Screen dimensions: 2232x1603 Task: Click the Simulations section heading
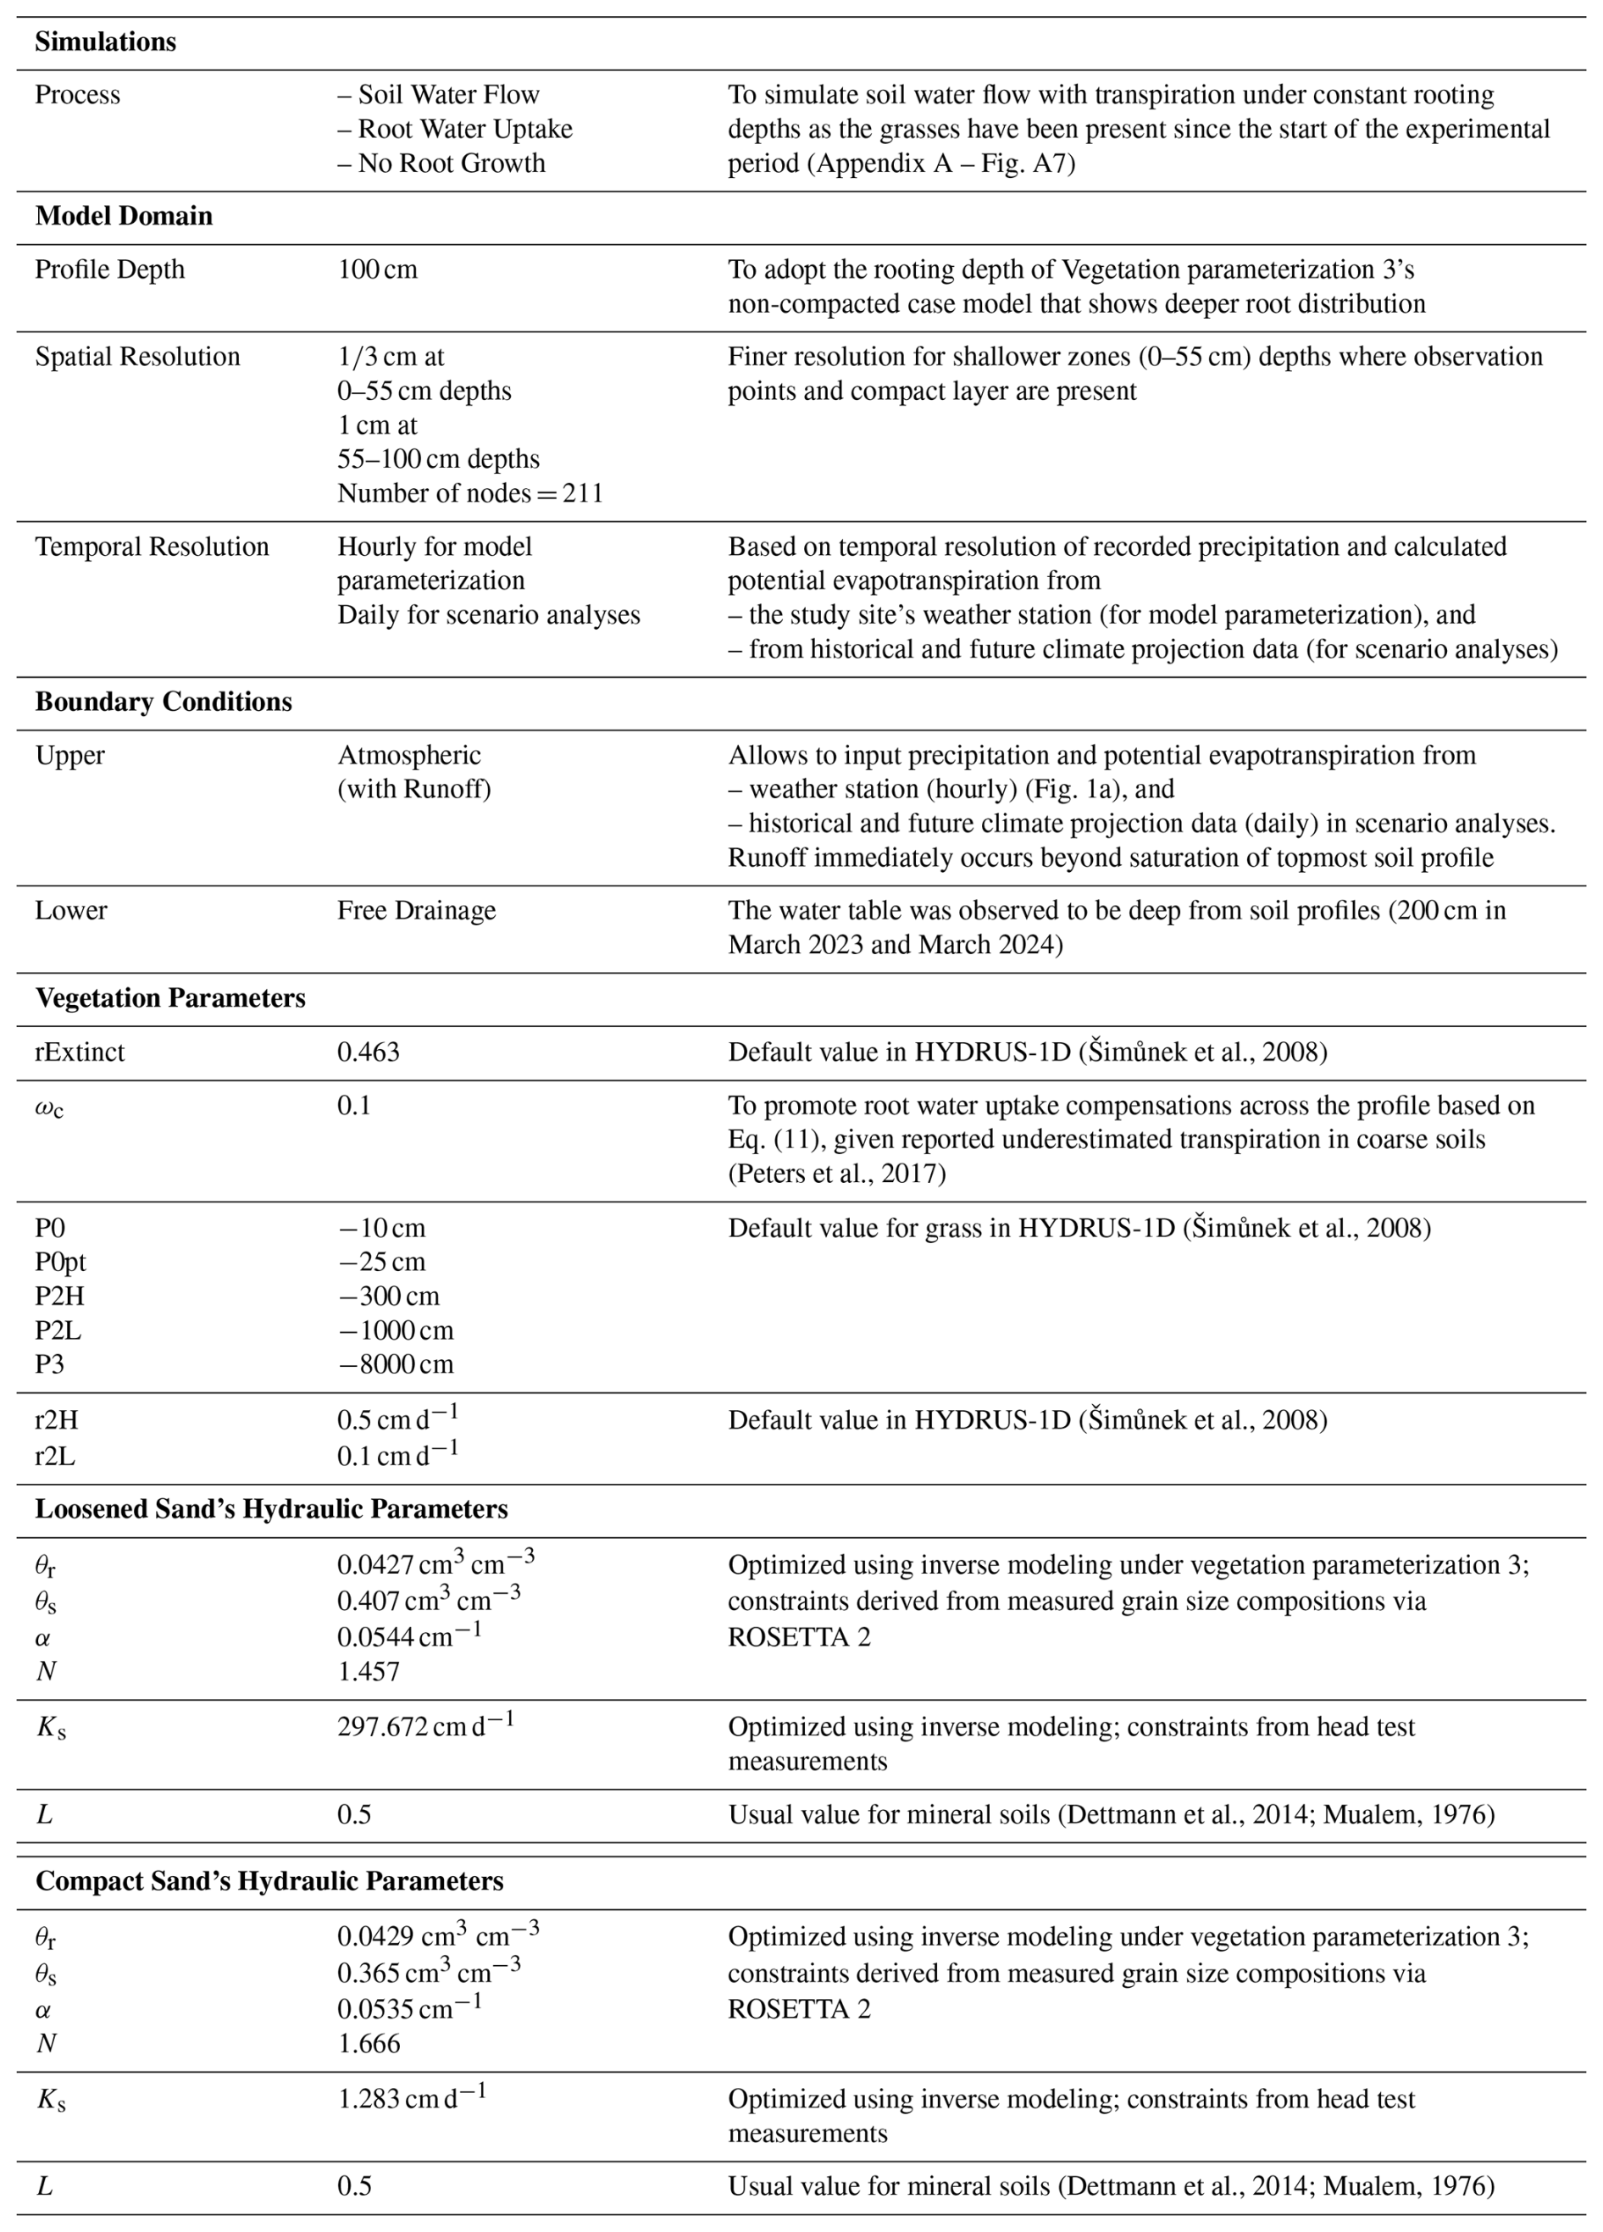pyautogui.click(x=105, y=42)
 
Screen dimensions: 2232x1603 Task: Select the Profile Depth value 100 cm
pyautogui.click(x=377, y=269)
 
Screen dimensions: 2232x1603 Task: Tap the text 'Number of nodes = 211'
pyautogui.click(x=469, y=493)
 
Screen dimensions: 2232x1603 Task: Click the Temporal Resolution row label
pyautogui.click(x=152, y=547)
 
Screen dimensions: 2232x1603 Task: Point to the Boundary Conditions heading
pyautogui.click(x=164, y=702)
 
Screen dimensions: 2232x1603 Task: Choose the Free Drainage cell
pyautogui.click(x=416, y=910)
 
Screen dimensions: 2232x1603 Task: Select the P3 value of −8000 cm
pyautogui.click(x=395, y=1364)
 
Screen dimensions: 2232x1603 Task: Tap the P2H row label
pyautogui.click(x=59, y=1296)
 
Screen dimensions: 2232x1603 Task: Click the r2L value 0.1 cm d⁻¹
pyautogui.click(x=397, y=1456)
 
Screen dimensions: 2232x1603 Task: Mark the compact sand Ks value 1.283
pyautogui.click(x=411, y=2098)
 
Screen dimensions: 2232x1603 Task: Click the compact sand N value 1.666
pyautogui.click(x=369, y=2043)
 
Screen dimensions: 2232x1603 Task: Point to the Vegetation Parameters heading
pyautogui.click(x=170, y=999)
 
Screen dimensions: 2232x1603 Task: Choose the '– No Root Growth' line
pyautogui.click(x=441, y=164)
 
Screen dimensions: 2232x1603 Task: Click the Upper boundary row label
pyautogui.click(x=69, y=756)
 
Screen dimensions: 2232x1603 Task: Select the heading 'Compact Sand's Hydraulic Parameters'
pyautogui.click(x=269, y=1880)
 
